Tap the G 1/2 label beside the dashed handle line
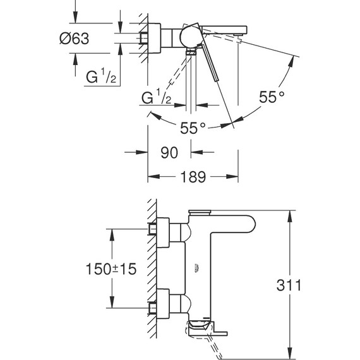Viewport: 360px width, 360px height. pos(155,98)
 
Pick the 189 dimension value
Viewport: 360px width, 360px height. pos(194,178)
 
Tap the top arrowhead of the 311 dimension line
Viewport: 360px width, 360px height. pos(290,212)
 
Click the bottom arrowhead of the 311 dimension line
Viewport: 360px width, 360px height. pos(290,349)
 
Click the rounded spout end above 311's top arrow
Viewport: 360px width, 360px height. pos(243,225)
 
